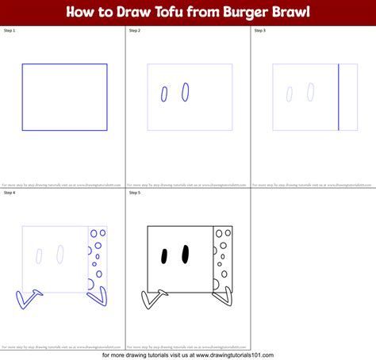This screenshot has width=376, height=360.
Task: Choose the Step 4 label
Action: pos(10,193)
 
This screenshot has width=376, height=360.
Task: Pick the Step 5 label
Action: pos(135,193)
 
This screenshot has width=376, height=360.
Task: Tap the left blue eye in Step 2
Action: pos(164,94)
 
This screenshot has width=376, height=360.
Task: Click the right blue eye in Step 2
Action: pos(186,93)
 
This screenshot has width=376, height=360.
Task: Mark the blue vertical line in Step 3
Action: pos(339,97)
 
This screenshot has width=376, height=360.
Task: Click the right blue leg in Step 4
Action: pos(98,297)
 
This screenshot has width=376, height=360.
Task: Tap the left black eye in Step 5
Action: pos(165,256)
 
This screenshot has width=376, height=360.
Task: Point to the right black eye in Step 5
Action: pos(186,254)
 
